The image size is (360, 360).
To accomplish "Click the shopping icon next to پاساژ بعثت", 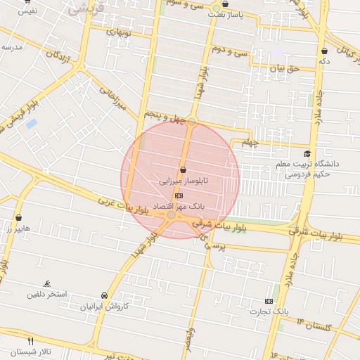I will click(225, 4).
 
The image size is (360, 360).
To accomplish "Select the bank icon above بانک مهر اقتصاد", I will click(179, 195).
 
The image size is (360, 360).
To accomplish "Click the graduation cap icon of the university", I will click(307, 154).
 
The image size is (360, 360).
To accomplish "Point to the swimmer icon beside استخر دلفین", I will click(46, 284).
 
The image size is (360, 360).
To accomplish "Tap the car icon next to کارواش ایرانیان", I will click(105, 295).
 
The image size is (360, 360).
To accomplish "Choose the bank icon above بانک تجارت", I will click(268, 300).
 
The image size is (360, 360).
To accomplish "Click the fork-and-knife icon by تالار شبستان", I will click(30, 341).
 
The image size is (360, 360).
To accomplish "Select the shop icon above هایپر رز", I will click(18, 218).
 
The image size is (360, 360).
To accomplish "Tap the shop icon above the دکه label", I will click(324, 51).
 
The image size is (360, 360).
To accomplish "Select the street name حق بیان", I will click(286, 69).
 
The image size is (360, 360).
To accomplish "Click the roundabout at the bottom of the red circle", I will click(172, 214).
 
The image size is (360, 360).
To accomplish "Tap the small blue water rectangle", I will click(32, 124).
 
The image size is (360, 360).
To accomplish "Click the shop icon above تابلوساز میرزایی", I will click(184, 170).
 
